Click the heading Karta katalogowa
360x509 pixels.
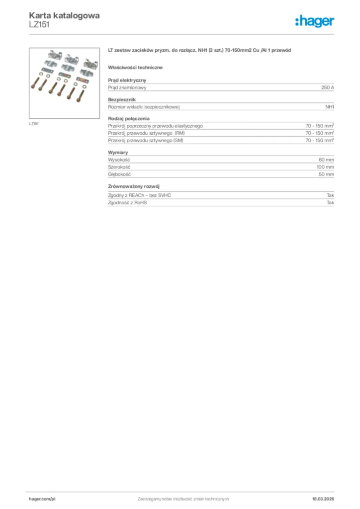(x=64, y=15)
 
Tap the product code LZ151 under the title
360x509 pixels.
(x=39, y=24)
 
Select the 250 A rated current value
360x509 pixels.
(x=327, y=87)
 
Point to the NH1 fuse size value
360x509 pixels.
(x=329, y=107)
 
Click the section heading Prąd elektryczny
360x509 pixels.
(x=127, y=80)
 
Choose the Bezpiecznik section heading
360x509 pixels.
(x=122, y=99)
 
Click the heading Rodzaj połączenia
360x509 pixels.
(x=129, y=118)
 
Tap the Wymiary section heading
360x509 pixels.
(x=118, y=152)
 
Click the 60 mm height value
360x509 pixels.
(x=326, y=160)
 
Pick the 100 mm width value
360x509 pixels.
(x=325, y=167)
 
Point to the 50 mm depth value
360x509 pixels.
(x=326, y=174)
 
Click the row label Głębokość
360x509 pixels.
(x=119, y=174)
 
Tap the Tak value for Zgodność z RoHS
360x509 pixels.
(x=330, y=203)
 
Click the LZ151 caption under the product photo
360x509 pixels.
(x=34, y=124)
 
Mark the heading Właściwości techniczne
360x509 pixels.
(x=135, y=67)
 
